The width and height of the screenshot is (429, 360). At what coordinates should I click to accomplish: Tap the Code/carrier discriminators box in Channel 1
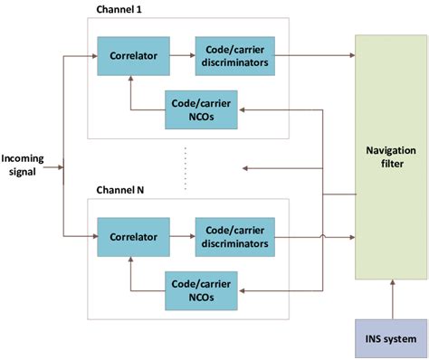coord(231,55)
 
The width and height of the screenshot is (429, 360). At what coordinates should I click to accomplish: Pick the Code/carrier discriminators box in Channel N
coord(231,237)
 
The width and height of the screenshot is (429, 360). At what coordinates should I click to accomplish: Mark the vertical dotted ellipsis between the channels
coord(186,167)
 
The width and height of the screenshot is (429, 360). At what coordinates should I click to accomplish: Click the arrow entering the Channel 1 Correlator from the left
coord(84,55)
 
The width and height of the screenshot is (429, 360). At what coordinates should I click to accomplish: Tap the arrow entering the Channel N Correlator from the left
coord(84,237)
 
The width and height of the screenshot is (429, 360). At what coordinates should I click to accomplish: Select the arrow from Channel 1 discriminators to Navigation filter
coord(312,55)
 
